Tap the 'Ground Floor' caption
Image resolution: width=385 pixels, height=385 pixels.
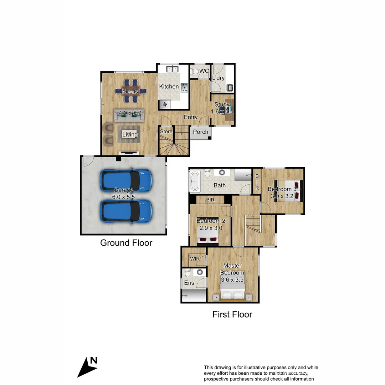pyautogui.click(x=126, y=243)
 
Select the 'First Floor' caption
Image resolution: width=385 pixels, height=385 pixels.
pyautogui.click(x=232, y=314)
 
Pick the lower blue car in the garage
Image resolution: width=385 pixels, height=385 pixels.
pyautogui.click(x=126, y=212)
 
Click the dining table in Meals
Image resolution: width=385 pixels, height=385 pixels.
pyautogui.click(x=130, y=92)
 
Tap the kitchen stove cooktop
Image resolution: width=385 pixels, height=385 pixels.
pyautogui.click(x=184, y=88)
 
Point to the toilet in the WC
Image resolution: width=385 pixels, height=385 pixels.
pyautogui.click(x=195, y=71)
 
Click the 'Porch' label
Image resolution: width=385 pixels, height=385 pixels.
pyautogui.click(x=200, y=132)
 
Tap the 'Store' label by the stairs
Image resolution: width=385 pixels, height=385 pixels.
pyautogui.click(x=166, y=132)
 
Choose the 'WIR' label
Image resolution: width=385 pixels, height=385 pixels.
pyautogui.click(x=195, y=258)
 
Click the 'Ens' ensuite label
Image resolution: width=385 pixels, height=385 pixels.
pyautogui.click(x=189, y=283)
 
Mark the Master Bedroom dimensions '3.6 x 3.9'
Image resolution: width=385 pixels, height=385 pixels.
pyautogui.click(x=232, y=280)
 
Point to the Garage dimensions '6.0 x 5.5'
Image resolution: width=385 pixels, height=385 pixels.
pyautogui.click(x=124, y=196)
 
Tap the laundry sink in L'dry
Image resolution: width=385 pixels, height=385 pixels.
pyautogui.click(x=230, y=87)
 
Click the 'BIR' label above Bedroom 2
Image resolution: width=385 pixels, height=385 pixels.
pyautogui.click(x=210, y=200)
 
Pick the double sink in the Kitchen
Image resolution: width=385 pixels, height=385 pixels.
pyautogui.click(x=173, y=69)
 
